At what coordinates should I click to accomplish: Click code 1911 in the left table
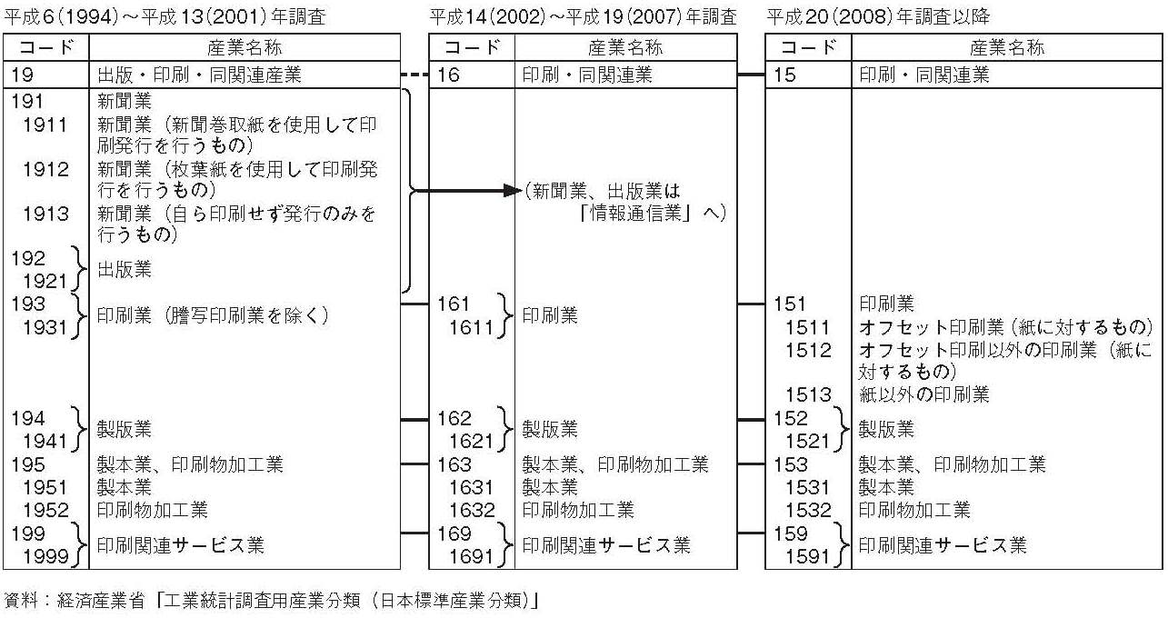(45, 125)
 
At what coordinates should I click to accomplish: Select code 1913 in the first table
(45, 214)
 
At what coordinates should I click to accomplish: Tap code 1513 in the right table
(808, 394)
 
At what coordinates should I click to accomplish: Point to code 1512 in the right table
(808, 350)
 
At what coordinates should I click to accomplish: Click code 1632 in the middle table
(472, 510)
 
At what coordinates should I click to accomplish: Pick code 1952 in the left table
(45, 510)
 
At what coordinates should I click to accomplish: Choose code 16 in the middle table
(448, 75)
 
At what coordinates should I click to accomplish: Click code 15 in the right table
(784, 75)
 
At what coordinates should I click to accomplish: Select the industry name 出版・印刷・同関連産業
(199, 75)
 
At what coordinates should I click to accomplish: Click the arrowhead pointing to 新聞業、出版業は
(512, 191)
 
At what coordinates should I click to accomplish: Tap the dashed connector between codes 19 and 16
(414, 75)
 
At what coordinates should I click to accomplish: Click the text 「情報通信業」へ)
(653, 214)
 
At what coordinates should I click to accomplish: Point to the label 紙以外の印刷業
(924, 394)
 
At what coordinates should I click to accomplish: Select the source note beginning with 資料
(272, 600)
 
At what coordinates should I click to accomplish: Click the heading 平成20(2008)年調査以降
(878, 16)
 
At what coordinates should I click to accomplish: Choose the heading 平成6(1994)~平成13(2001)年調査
(165, 16)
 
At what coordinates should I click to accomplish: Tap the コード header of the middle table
(472, 47)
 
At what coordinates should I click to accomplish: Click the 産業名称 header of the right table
(1007, 47)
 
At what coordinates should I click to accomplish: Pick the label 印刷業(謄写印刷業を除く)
(213, 315)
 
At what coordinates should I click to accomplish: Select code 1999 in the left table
(45, 556)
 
